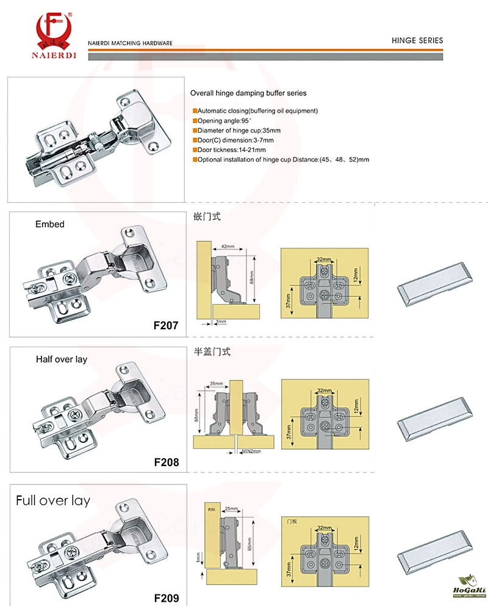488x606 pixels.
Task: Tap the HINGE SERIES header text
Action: [x=417, y=40]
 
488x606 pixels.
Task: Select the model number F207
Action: [x=166, y=326]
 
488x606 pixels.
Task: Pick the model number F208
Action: [x=166, y=462]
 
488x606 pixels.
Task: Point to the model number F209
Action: [x=166, y=596]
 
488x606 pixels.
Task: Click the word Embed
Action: [x=50, y=224]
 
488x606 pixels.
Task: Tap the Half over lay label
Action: [x=61, y=359]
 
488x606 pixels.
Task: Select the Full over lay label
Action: [x=53, y=501]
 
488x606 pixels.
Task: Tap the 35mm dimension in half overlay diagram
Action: [x=216, y=384]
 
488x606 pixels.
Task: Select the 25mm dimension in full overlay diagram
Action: [x=230, y=508]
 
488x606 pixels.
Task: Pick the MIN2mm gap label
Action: [x=251, y=452]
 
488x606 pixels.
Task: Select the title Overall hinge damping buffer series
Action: [x=248, y=93]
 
